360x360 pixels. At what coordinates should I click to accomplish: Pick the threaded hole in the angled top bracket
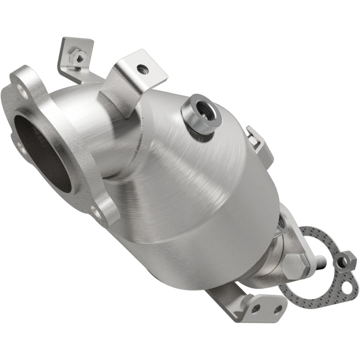click(x=143, y=68)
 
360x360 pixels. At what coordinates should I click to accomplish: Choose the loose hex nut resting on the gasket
click(x=345, y=260)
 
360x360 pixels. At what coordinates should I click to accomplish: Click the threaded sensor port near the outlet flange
click(x=282, y=220)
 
